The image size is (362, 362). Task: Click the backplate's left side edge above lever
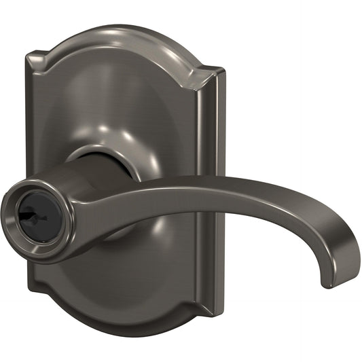click(33, 122)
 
